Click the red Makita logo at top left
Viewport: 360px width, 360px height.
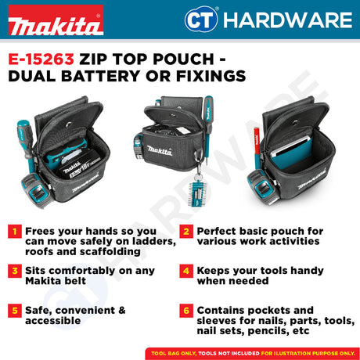tap(54, 23)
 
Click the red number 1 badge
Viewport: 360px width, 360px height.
tap(14, 232)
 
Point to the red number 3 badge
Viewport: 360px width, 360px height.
tap(14, 270)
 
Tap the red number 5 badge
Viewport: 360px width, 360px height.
tap(14, 309)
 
